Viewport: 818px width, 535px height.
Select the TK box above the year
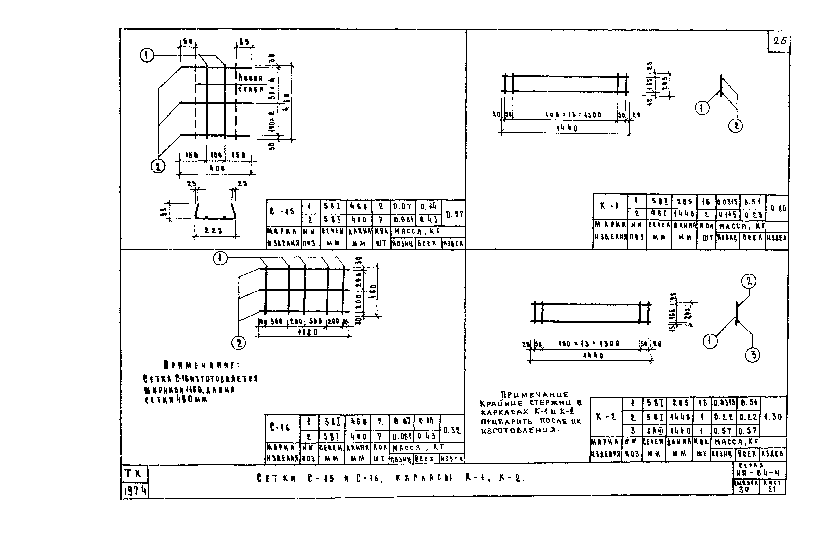point(134,474)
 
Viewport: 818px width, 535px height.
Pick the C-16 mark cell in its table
point(280,428)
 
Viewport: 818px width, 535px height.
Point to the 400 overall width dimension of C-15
point(217,168)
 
